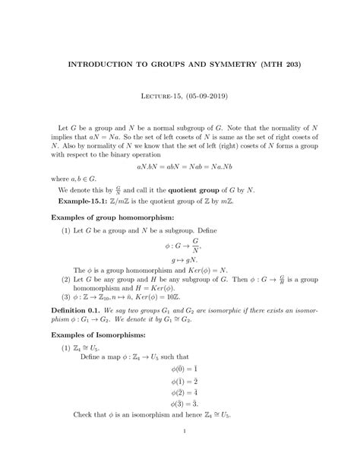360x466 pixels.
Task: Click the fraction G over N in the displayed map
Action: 195,247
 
